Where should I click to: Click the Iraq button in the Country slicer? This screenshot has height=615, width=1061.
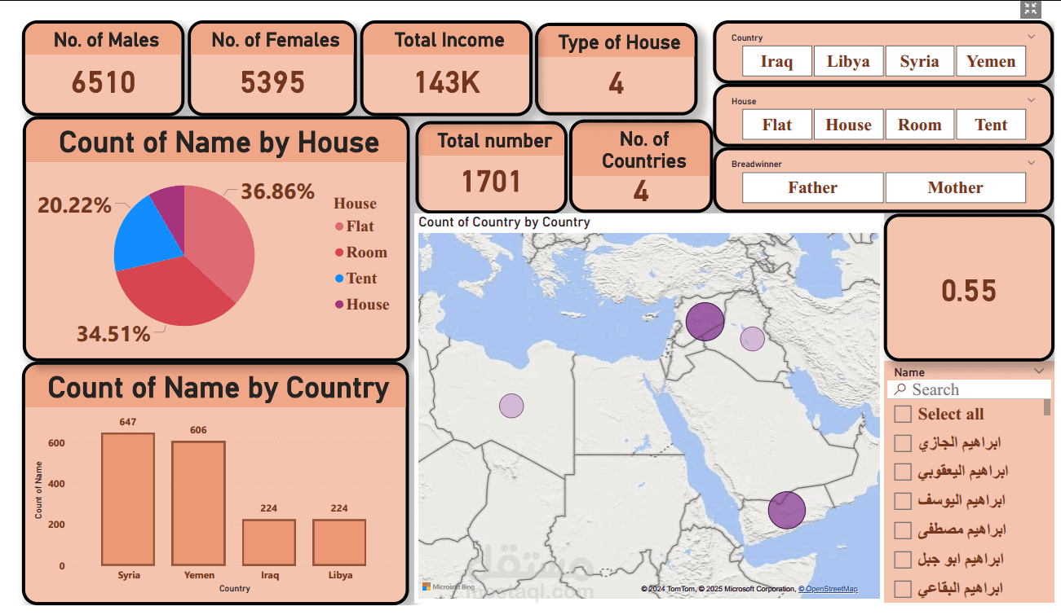click(x=776, y=61)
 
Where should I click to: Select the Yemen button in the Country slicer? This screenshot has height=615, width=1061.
click(x=991, y=61)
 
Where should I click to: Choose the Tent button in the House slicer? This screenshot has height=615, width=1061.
click(x=991, y=125)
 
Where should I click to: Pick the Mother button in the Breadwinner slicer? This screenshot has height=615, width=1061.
click(x=955, y=187)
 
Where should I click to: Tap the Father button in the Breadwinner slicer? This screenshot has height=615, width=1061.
click(x=812, y=187)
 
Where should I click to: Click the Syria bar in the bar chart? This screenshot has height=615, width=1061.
click(x=128, y=499)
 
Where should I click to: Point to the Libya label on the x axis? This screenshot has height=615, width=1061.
click(x=340, y=575)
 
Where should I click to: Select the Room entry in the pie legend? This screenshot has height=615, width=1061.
click(x=366, y=253)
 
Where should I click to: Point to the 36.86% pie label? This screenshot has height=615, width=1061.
click(x=277, y=191)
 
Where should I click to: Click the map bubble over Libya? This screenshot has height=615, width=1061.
click(x=511, y=406)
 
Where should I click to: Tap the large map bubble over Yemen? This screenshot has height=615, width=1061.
click(x=786, y=509)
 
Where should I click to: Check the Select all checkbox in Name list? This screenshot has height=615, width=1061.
click(x=903, y=414)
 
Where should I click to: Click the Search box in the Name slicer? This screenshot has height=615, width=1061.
click(x=970, y=390)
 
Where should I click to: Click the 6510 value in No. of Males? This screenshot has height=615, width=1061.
click(x=103, y=82)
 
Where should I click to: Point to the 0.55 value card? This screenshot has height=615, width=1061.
click(x=969, y=291)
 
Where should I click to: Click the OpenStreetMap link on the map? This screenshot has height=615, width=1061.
click(x=828, y=589)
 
